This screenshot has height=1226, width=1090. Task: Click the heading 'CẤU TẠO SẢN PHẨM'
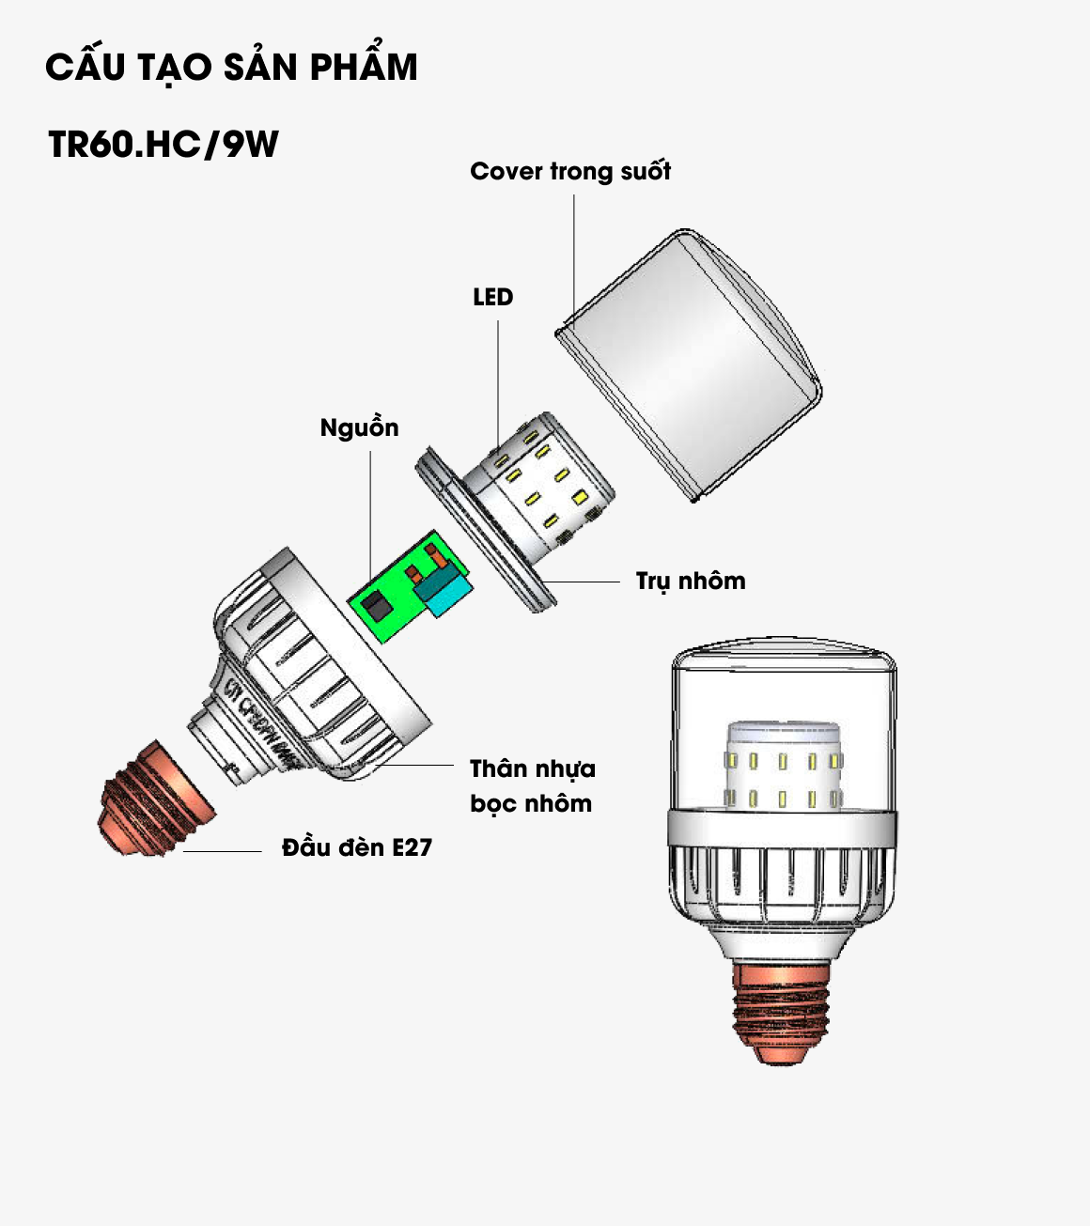point(231,68)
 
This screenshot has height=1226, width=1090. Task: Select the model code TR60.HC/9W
point(163,145)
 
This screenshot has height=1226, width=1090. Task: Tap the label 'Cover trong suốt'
point(570,172)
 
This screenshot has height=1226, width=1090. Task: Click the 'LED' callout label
point(492,298)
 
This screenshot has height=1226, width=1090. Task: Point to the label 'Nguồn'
point(359,428)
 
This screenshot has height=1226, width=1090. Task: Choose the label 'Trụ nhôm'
point(691,581)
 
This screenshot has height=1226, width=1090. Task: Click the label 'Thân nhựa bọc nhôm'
point(532,786)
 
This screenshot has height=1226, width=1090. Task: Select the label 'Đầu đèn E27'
point(357,847)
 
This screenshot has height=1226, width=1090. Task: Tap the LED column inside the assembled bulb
point(782,766)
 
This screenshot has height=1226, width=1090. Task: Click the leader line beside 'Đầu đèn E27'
point(223,851)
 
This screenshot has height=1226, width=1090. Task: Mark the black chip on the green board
point(378,605)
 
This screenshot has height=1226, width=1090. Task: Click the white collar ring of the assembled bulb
point(782,827)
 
